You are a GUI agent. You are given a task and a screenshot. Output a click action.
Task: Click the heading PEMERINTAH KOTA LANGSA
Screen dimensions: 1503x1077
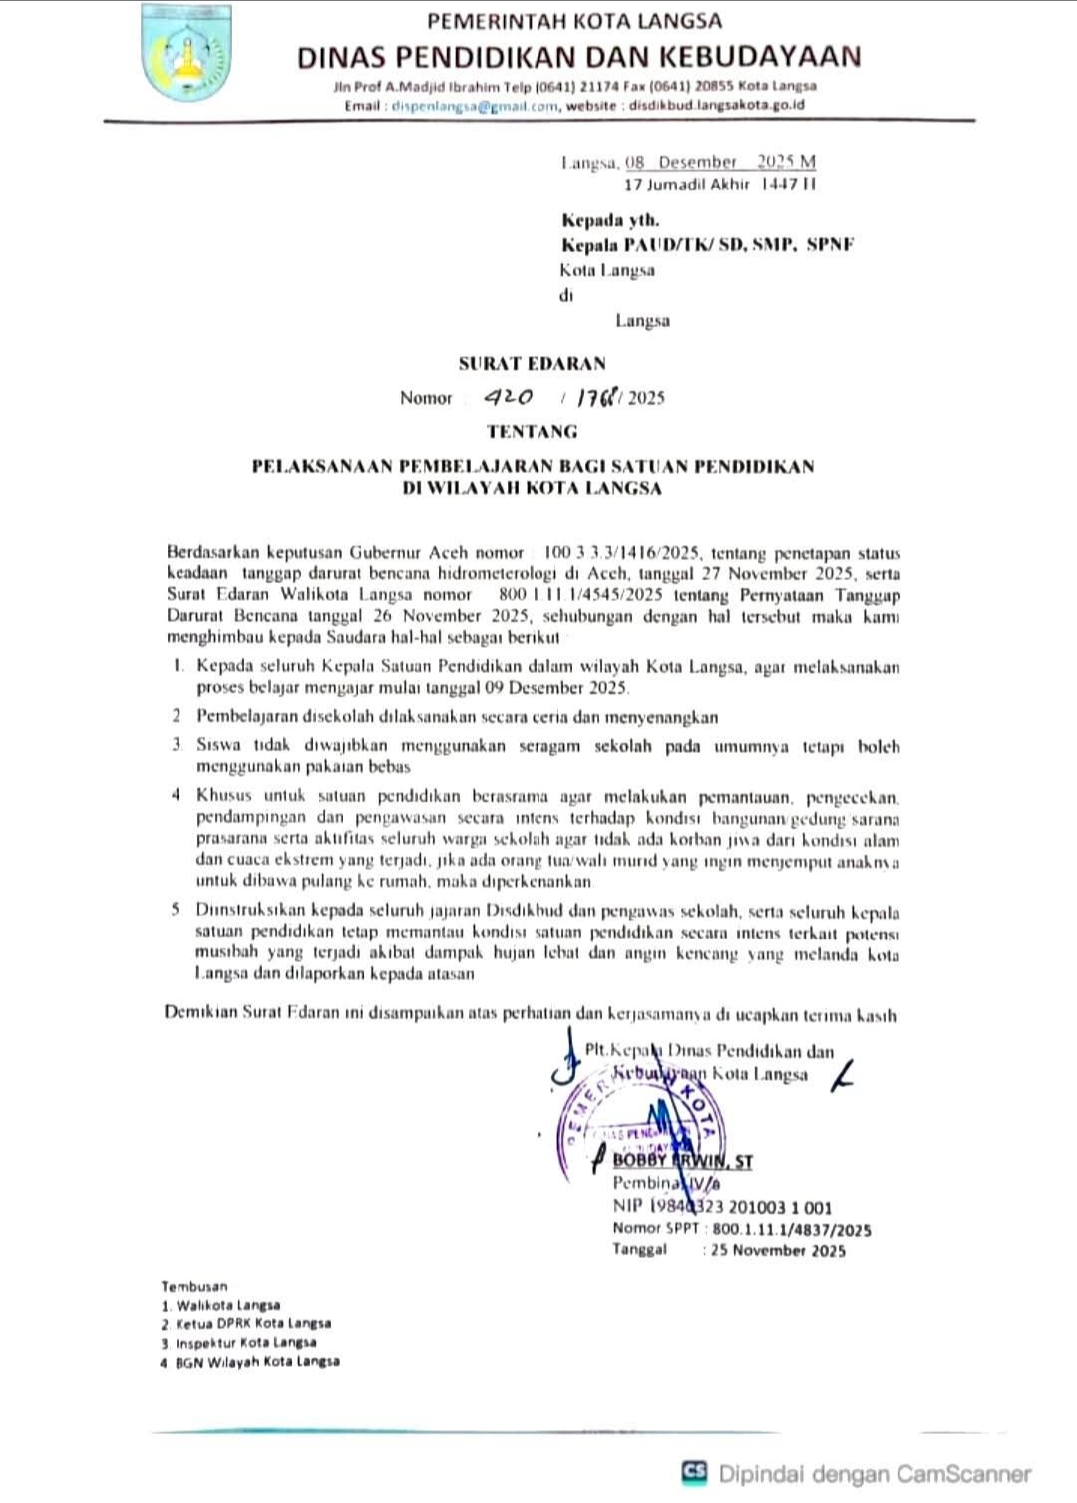(574, 20)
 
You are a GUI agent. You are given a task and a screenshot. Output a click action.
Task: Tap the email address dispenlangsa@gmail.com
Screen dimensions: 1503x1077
(475, 105)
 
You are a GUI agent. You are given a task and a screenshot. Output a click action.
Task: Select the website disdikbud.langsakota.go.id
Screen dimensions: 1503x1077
(716, 105)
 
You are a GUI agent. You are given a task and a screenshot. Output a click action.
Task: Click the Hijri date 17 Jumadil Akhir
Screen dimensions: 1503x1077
(686, 185)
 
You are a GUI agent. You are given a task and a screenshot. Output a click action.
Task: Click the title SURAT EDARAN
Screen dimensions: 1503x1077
(532, 363)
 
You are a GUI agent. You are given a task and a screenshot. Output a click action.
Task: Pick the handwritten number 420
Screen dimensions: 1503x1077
(508, 396)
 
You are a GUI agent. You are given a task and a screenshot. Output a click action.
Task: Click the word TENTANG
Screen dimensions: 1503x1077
(532, 431)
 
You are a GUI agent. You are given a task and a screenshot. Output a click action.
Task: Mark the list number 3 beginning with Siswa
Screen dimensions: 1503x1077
(177, 746)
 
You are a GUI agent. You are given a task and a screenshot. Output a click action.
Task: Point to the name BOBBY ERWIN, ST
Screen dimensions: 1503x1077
(682, 1161)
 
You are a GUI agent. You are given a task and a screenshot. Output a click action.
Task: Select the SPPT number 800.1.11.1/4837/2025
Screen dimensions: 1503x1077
(791, 1230)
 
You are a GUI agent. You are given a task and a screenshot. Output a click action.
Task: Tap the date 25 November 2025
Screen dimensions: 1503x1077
(777, 1251)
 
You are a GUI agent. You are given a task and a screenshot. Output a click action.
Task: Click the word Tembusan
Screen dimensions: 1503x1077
(194, 1286)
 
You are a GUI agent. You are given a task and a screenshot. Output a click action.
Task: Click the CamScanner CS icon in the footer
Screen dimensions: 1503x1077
(694, 1471)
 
